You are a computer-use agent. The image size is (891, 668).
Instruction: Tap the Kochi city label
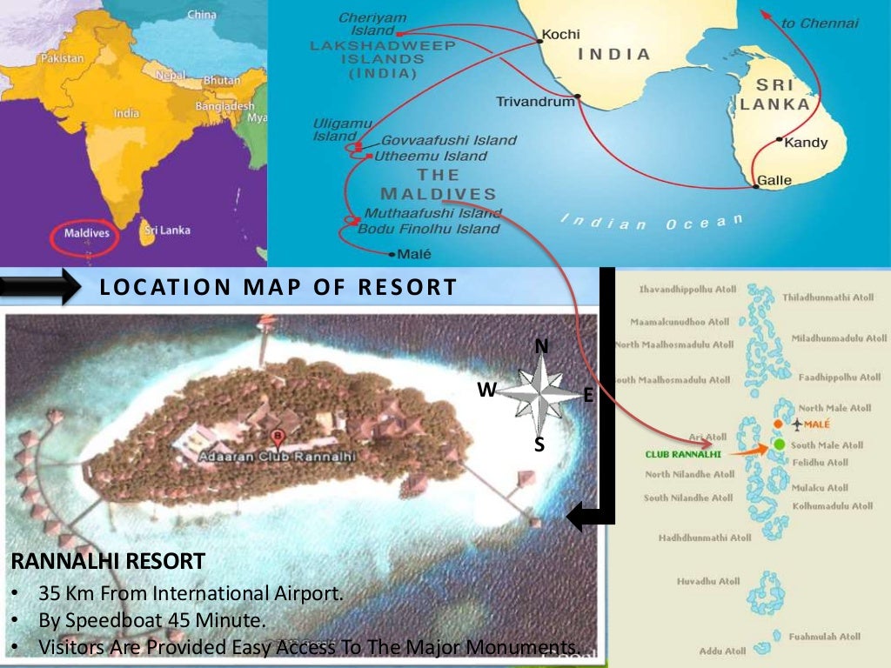pos(560,36)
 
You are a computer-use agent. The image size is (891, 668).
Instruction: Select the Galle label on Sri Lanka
pos(774,181)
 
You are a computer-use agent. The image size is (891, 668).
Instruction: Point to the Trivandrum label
pos(535,102)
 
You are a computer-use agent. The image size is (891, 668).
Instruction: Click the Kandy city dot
pos(778,141)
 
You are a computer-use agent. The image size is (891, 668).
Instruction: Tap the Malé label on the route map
pos(413,255)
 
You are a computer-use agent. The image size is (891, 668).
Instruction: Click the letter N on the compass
pos(541,346)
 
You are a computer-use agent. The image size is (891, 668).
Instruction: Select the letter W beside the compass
pos(486,391)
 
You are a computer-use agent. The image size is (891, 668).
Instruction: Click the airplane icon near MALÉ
pos(798,424)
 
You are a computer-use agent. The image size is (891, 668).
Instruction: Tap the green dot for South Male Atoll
pos(779,444)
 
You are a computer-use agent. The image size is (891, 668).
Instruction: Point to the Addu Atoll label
pos(722,651)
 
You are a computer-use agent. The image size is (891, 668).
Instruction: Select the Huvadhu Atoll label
pos(708,580)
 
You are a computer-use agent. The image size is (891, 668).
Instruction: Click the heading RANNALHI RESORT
pos(108,561)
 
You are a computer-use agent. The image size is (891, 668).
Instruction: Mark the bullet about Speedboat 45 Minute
pos(151,620)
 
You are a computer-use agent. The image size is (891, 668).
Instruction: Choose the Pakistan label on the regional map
pos(62,58)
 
